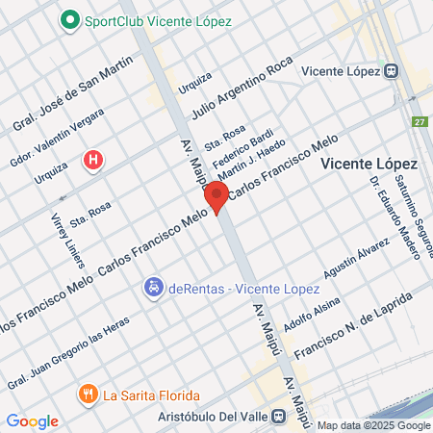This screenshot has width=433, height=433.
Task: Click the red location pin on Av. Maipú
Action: click(216, 197)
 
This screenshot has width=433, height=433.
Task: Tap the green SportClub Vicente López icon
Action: click(70, 20)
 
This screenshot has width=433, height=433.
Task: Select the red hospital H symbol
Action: click(92, 160)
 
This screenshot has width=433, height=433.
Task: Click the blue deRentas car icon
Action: click(152, 287)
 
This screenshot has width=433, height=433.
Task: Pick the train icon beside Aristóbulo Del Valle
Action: click(279, 416)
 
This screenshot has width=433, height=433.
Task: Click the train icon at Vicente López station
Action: click(392, 70)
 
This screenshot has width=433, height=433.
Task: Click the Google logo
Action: click(33, 420)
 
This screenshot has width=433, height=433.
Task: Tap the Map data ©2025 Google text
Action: click(373, 425)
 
